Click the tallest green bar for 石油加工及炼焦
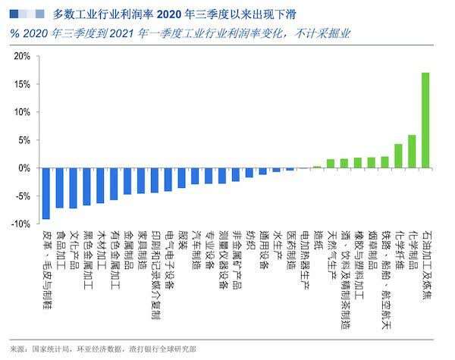(x=425, y=120)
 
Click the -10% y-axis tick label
(x=20, y=224)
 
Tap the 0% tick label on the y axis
(x=24, y=168)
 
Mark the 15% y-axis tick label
(x=22, y=85)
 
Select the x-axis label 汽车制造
(x=195, y=247)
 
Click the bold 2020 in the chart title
(x=174, y=14)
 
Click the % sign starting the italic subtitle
(x=14, y=33)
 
